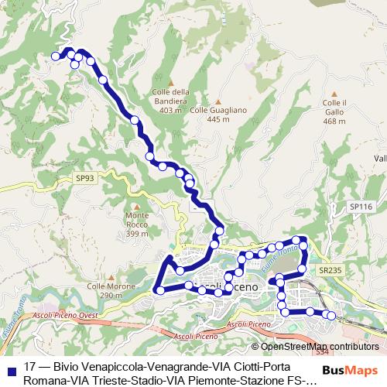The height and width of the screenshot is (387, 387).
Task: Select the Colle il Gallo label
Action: [334, 111]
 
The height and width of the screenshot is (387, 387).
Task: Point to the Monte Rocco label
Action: [136, 224]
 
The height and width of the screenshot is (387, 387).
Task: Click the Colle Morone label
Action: [105, 291]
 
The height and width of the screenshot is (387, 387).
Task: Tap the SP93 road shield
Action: [85, 177]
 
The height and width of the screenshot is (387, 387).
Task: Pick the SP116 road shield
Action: [360, 207]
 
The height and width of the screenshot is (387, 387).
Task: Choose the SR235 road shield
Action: [329, 269]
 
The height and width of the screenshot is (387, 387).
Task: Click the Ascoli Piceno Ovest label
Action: [63, 316]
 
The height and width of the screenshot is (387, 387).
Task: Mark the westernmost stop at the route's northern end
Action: [55, 56]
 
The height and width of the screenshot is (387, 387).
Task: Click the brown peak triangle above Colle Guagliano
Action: [220, 101]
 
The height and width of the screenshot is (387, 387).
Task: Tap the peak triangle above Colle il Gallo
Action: [334, 92]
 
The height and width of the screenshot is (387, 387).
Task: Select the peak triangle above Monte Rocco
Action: [136, 206]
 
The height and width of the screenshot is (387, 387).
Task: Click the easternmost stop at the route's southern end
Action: [333, 315]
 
